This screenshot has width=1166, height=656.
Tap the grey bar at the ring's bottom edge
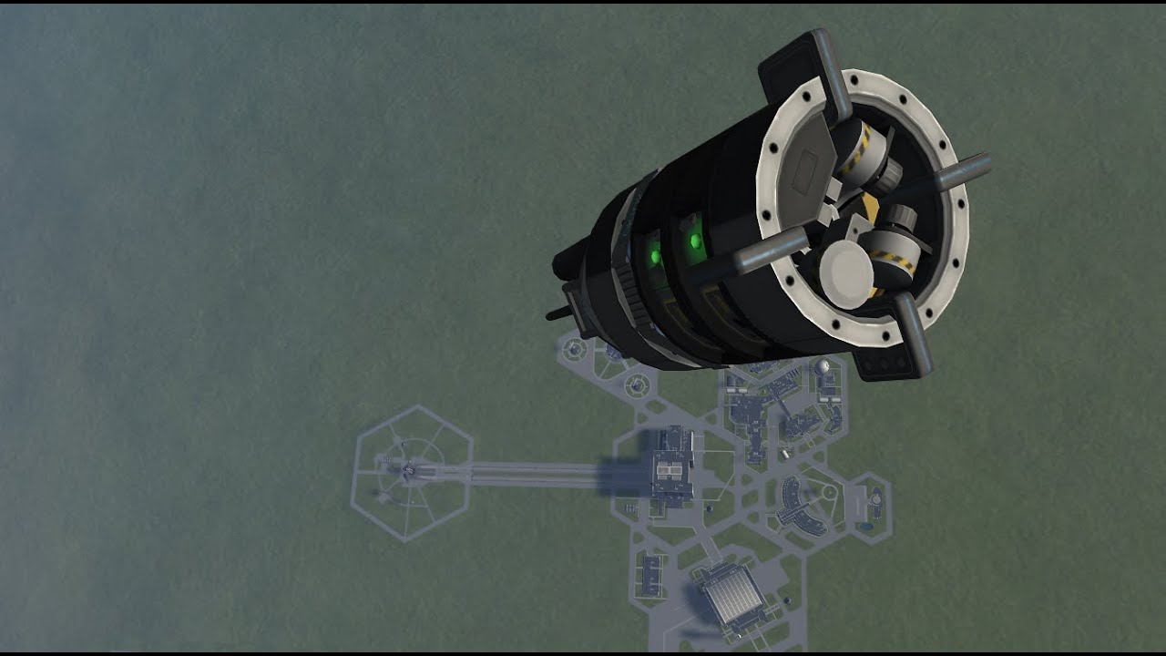912,337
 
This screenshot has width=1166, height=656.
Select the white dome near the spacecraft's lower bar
823,366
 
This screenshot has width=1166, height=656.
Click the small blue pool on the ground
875,499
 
